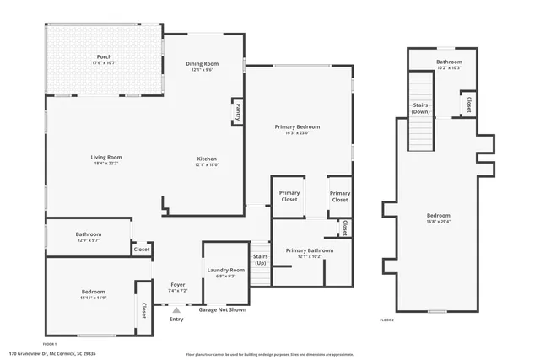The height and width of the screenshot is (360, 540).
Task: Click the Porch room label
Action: coord(104,57)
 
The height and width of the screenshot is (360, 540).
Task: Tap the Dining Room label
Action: coord(202,64)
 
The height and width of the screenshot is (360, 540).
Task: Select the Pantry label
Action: coord(238,111)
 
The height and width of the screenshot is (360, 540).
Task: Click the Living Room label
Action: coord(107,157)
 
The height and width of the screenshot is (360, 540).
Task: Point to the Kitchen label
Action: coord(207,159)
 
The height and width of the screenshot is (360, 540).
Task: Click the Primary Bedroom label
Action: coord(297,126)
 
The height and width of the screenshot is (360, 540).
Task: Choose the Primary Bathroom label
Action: coord(309,250)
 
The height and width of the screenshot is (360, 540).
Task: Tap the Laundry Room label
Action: coord(225,270)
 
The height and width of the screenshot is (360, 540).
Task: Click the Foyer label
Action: coord(178,285)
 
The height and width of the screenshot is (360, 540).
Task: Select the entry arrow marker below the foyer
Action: coord(176,310)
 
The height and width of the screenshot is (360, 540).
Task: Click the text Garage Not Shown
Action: coord(223,309)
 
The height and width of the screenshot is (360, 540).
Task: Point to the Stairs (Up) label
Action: coord(260,259)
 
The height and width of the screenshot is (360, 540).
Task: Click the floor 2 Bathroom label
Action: coord(449,62)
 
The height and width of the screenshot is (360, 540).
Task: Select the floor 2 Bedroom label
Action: coord(438,215)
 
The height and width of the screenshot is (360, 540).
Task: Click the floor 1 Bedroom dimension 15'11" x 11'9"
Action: coord(93,298)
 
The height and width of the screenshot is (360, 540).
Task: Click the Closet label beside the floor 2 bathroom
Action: coord(468,105)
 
